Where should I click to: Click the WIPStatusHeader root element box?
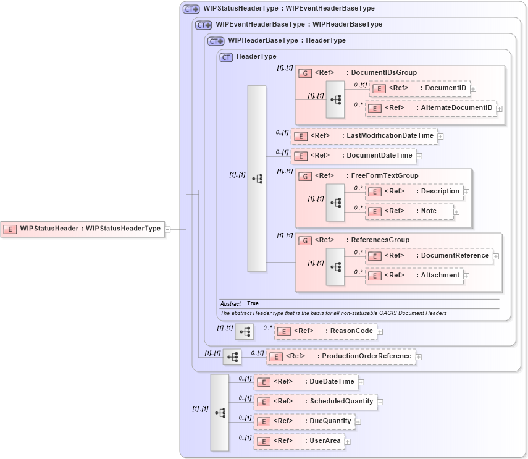83,229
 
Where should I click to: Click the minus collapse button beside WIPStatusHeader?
167,229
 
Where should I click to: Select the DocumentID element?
419,88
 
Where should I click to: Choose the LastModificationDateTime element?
364,136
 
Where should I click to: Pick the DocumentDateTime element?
353,156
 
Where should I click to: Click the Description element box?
414,192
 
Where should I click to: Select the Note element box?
409,211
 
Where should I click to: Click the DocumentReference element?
429,256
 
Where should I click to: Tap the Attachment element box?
414,276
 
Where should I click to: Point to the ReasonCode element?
325,331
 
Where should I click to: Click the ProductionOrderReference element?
341,356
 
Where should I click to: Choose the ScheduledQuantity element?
315,402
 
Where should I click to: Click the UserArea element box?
299,441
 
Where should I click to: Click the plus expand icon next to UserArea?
348,442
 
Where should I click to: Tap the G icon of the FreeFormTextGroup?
305,176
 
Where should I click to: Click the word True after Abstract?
253,304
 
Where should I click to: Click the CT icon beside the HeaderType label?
226,57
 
